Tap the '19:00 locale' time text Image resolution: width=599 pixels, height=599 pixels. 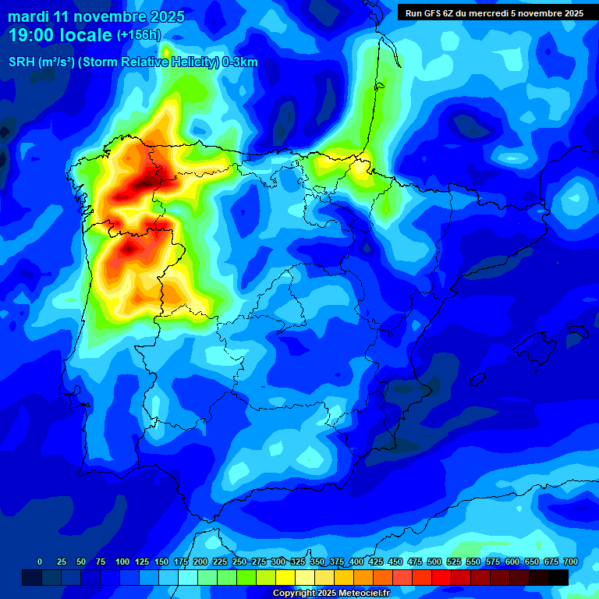pos(61,35)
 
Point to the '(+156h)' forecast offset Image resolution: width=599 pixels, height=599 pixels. pos(139,35)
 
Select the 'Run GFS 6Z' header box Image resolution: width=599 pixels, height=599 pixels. pos(494,13)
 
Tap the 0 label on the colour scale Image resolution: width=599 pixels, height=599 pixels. pos(40,562)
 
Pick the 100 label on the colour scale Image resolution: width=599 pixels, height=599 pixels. pos(122,562)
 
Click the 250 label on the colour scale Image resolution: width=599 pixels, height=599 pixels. pos(239,562)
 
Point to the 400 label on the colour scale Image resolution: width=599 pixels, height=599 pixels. pos(356,562)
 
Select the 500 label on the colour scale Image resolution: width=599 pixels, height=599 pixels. pos(434,562)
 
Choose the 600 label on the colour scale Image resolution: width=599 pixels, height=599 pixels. pos(512,562)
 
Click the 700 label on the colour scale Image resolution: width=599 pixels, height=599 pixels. pos(570,562)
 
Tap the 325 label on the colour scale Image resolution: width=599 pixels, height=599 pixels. pos(298,562)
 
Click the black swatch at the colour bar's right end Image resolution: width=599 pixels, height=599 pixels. pos(558,577)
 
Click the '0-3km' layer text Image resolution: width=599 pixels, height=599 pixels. pos(239,62)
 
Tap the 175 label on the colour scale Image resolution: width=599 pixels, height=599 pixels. pos(181,562)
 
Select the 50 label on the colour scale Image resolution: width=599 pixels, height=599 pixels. pos(81,562)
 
